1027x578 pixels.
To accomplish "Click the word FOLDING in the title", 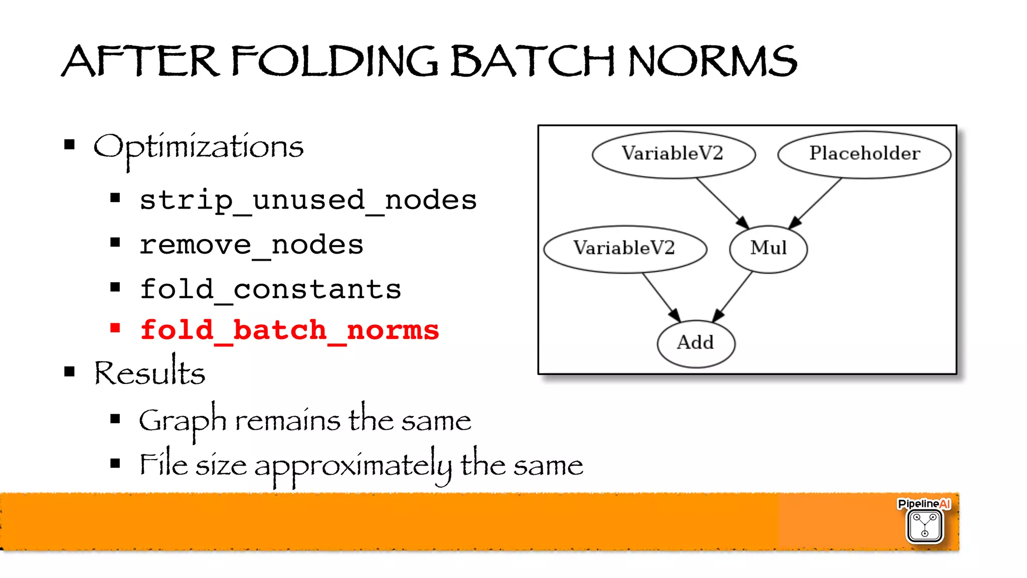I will point(334,61).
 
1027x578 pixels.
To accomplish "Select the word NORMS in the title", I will point(712,61).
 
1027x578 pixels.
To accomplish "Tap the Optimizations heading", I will point(199,147).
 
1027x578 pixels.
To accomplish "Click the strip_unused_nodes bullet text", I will point(308,200).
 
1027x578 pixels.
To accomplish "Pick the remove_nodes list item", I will point(251,245).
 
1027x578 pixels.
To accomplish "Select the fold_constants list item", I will point(270,289).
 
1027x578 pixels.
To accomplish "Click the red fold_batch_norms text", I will point(289,330).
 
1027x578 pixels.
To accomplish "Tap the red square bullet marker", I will point(115,328).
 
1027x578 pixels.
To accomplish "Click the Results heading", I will point(149,373).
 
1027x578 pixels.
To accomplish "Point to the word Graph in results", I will point(183,420).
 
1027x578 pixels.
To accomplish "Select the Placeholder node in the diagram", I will point(864,153).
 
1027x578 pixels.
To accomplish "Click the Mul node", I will point(768,248).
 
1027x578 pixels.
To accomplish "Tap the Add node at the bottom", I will point(696,343).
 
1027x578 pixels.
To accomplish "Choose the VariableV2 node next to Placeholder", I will point(673,153).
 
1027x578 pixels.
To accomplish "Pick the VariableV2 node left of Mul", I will point(624,248).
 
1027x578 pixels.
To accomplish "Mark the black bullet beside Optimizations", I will point(70,145).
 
